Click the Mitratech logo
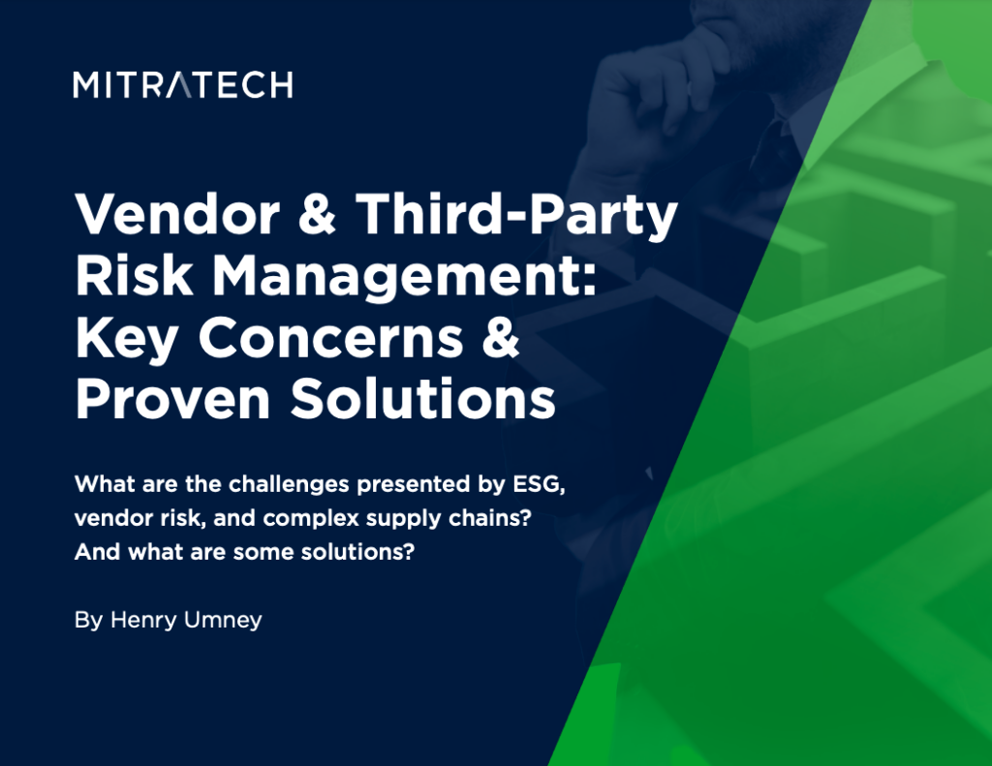[x=182, y=85]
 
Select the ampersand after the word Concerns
[x=501, y=338]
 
